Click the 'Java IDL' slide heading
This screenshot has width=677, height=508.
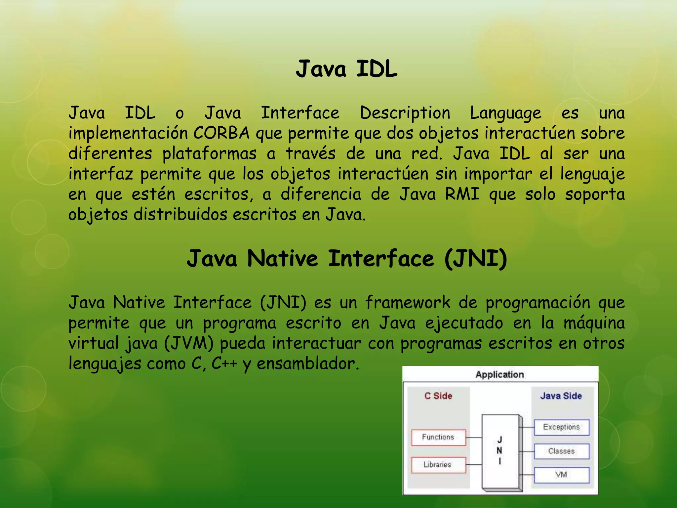[x=346, y=69]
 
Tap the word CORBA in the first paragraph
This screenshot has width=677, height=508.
[x=221, y=133]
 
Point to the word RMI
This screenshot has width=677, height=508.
[x=462, y=194]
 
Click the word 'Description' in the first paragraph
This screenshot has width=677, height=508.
[x=405, y=113]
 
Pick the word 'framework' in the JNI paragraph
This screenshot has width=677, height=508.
[x=408, y=303]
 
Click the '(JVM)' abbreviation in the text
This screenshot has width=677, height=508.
[x=189, y=343]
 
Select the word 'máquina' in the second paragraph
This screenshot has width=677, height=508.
[x=594, y=323]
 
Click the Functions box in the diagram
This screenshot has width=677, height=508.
[x=438, y=437]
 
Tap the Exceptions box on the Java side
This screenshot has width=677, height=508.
[x=561, y=427]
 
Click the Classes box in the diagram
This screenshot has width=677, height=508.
[x=561, y=451]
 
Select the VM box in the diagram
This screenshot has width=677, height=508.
[x=561, y=475]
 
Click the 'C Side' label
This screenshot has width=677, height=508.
[x=438, y=396]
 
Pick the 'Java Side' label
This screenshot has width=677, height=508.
[x=561, y=396]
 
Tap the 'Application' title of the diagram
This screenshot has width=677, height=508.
[x=500, y=375]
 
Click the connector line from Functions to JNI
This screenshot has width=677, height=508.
[x=474, y=438]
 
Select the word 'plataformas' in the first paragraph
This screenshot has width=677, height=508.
[x=209, y=154]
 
